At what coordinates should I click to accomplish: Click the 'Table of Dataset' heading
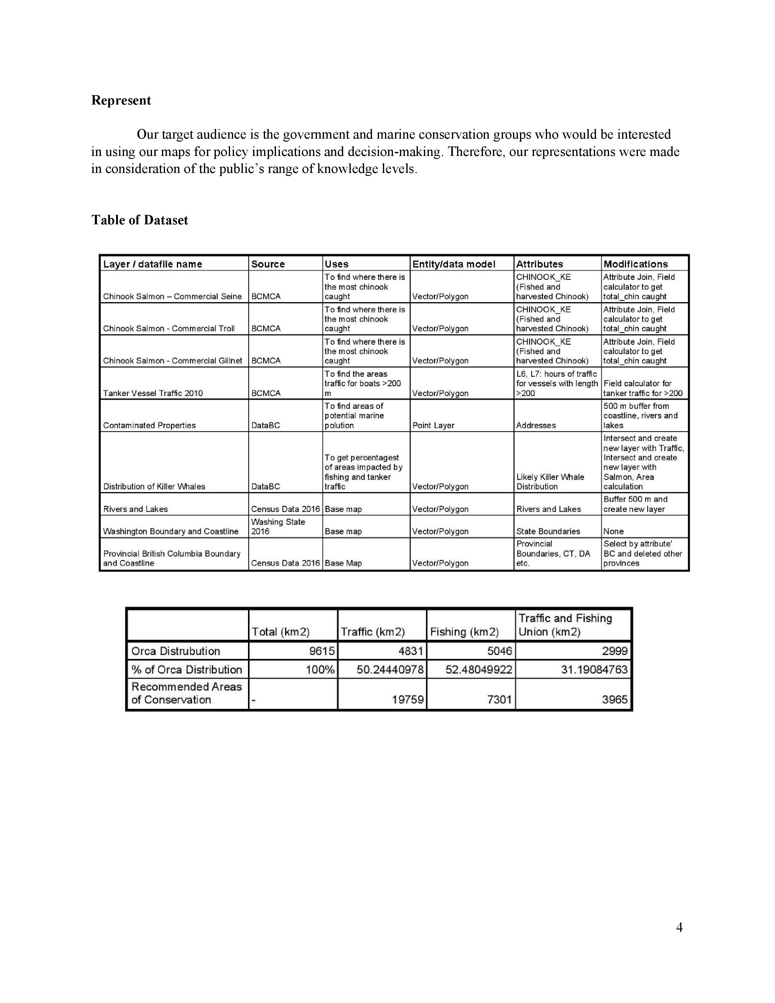139,220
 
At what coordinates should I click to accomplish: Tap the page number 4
679,927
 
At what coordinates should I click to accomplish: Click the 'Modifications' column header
635,264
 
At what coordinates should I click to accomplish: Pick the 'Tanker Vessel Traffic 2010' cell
153,393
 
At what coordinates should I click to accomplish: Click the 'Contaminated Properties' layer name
149,425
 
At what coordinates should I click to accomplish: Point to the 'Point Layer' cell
433,425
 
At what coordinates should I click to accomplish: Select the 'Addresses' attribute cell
536,425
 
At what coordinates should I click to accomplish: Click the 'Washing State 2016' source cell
278,526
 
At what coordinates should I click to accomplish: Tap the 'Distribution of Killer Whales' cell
154,486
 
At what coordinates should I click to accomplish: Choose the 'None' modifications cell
613,531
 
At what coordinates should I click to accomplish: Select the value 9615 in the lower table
321,651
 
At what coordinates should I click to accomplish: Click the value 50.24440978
390,670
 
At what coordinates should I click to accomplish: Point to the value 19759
408,700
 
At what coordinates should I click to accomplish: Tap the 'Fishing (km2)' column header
464,632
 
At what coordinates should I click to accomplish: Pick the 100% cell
320,670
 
